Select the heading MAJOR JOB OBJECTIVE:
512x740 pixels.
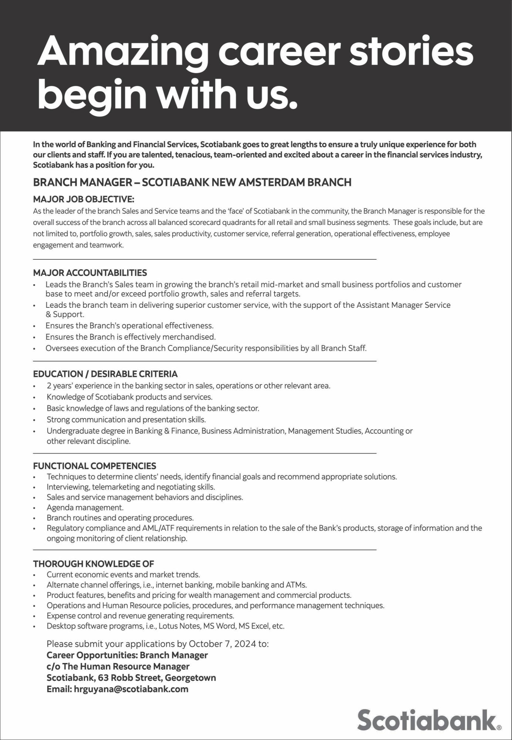tap(84, 199)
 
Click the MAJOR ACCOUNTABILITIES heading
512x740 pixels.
tap(90, 273)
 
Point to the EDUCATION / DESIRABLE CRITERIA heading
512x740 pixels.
tap(105, 374)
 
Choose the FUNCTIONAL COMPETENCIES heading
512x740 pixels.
tap(95, 466)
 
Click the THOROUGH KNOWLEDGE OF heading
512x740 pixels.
tap(94, 564)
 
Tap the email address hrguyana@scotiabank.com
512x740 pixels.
tap(131, 689)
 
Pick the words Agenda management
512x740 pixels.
tap(85, 507)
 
